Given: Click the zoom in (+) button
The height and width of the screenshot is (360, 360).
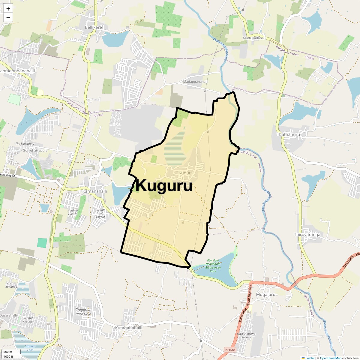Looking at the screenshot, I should (8, 9).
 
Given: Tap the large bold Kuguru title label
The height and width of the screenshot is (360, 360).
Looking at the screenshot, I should (164, 186).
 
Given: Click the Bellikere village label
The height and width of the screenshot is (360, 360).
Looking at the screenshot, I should (93, 27).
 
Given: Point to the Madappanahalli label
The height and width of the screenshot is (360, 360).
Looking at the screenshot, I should (195, 82).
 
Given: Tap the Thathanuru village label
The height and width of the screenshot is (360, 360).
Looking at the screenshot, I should (288, 134).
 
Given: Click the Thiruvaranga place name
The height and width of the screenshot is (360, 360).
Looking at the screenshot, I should (307, 235).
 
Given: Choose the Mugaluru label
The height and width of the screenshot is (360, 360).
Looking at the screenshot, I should (265, 294).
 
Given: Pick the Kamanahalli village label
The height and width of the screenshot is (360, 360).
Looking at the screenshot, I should (94, 191).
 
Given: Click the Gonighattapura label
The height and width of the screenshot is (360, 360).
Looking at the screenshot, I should (35, 151).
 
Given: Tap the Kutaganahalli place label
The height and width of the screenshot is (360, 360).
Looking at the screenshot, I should (129, 328).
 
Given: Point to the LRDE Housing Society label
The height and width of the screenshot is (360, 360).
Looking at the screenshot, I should (246, 335).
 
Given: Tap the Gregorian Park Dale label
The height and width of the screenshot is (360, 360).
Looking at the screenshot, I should (83, 312).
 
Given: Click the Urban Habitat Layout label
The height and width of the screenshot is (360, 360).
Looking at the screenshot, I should (100, 213).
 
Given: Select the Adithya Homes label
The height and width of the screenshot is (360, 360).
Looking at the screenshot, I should (73, 212).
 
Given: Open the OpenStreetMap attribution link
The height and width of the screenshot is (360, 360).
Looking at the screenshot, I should (330, 358).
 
